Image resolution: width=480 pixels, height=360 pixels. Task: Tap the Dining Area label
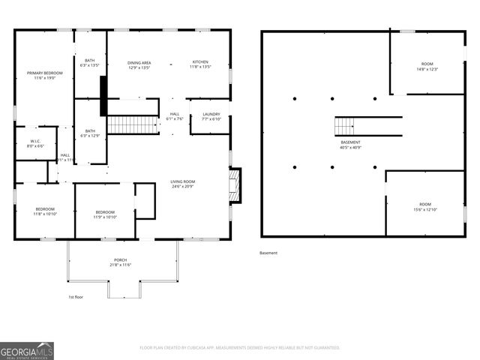(139, 64)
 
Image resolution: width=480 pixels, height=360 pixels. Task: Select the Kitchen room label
(199, 64)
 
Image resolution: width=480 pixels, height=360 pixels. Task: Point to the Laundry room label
(211, 116)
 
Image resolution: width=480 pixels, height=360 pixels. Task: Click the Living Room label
(182, 184)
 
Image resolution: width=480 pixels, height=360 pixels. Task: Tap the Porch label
(120, 262)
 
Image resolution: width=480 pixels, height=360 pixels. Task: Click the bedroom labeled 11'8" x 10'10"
(43, 212)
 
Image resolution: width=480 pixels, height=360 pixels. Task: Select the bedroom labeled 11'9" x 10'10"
(104, 214)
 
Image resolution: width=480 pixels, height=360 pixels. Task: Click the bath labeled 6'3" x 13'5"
(90, 63)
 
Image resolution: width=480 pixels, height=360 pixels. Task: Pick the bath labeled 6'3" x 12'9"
(90, 133)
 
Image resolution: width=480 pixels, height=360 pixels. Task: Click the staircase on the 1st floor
(133, 124)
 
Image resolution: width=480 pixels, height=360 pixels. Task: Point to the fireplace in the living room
(235, 185)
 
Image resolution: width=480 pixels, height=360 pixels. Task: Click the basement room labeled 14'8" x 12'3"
(427, 67)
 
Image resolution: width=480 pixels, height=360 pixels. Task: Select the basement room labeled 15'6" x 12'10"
(425, 207)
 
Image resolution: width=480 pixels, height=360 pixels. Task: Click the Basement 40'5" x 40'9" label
(350, 145)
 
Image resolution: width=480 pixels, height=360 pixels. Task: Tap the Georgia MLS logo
(27, 350)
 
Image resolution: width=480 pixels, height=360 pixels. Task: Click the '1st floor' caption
(76, 296)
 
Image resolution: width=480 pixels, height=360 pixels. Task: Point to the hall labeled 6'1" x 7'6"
(174, 116)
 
